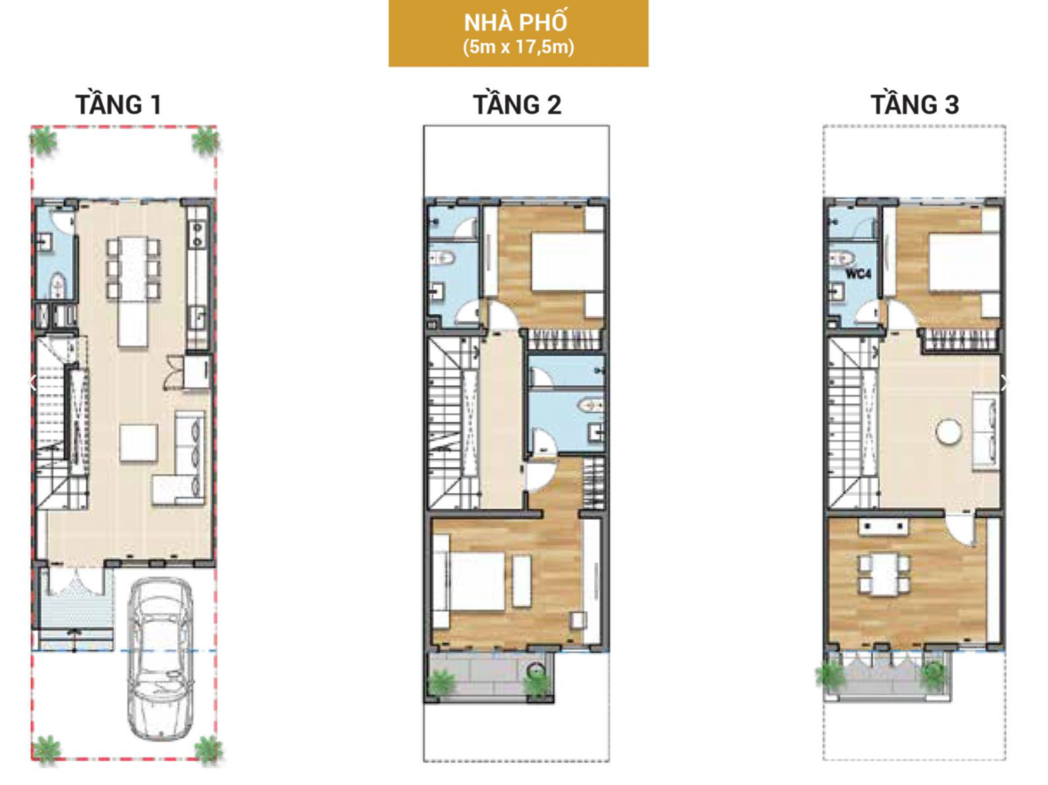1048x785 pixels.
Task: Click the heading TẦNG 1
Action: coord(118,104)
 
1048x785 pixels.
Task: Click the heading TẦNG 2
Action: coord(517,104)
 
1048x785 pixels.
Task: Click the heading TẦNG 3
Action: coord(915,104)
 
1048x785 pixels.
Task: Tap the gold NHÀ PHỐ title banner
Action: coord(518,33)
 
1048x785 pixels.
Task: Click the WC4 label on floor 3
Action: coord(859,273)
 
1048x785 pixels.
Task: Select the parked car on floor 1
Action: coord(160,659)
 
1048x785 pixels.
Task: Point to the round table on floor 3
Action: coord(948,431)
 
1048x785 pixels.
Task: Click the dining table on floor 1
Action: coord(133,291)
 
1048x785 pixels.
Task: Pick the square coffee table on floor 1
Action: coord(139,442)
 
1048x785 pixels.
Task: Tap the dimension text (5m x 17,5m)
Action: coord(518,47)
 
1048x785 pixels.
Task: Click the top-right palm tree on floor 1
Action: coord(206,142)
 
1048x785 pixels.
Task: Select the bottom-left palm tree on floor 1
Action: coord(45,749)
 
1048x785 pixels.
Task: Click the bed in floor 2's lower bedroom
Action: coord(476,580)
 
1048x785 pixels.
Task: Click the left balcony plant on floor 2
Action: coord(440,682)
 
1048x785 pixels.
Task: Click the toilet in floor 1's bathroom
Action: coord(58,286)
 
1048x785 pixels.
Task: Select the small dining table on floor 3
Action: coord(883,574)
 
